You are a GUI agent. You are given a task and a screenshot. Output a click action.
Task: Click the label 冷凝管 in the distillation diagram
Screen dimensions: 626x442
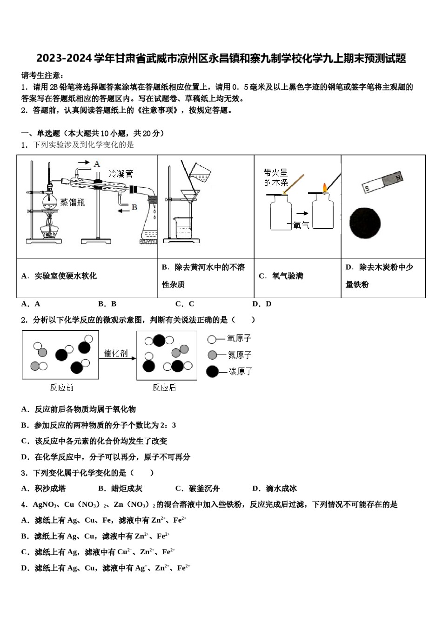121,174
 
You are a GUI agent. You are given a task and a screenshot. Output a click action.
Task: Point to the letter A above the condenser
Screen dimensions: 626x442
97,163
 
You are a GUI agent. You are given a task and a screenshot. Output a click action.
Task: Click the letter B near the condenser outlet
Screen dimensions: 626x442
134,207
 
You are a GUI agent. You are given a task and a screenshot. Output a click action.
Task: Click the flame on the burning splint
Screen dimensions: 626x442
324,188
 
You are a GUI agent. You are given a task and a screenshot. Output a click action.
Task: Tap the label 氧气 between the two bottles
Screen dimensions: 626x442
301,225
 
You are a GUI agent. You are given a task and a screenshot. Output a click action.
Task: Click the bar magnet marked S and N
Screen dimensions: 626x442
382,182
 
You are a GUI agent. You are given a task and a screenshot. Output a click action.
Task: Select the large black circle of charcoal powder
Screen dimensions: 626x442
365,223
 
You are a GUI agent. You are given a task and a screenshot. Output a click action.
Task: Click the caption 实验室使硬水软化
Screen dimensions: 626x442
65,276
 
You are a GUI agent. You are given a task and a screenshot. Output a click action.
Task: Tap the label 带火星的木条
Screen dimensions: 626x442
275,177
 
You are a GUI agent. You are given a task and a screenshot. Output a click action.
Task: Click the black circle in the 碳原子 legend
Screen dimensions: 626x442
213,371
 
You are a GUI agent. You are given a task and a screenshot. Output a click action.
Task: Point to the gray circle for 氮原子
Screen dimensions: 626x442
212,355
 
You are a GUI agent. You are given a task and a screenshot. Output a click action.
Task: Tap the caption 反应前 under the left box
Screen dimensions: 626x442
62,388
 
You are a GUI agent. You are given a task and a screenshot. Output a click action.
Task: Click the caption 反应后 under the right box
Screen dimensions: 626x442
164,388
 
